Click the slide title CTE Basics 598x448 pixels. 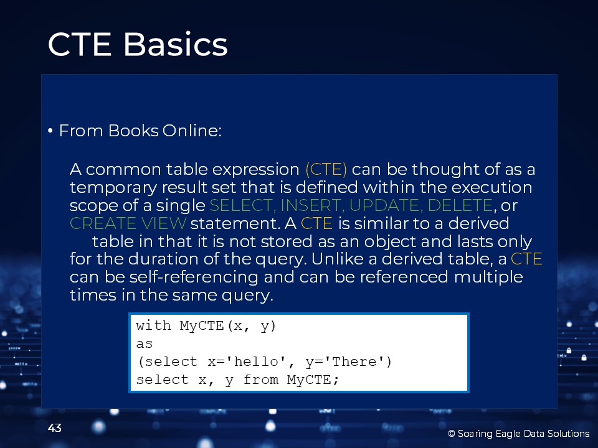tap(138, 44)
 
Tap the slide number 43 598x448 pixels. tap(55, 428)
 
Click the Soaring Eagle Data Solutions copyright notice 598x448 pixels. tap(519, 434)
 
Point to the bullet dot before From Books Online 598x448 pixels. tap(50, 131)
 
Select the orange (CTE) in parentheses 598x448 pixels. tap(326, 169)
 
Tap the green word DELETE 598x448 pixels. tap(460, 205)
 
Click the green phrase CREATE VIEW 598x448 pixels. tap(128, 223)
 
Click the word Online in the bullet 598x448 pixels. tap(192, 131)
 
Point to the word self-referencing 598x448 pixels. tap(194, 277)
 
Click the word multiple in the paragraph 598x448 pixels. tap(488, 277)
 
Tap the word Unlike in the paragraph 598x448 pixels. tap(336, 259)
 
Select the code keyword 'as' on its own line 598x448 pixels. tap(145, 343)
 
